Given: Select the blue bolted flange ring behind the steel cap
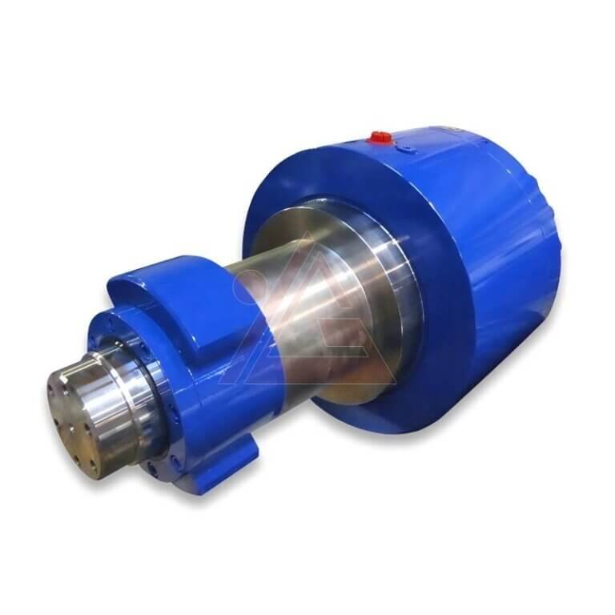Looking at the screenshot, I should click(160, 400).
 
